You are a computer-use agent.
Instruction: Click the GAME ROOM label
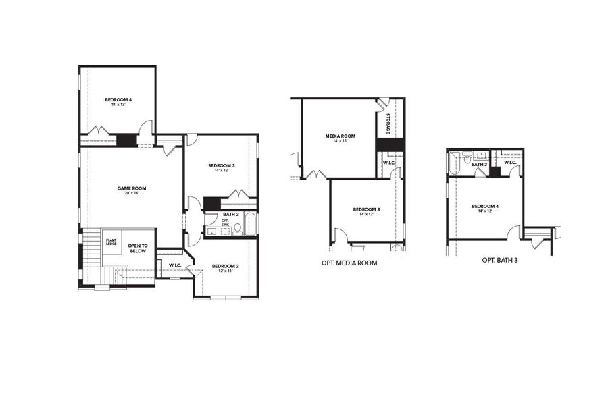click(x=132, y=188)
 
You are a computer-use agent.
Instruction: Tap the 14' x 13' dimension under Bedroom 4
click(x=118, y=105)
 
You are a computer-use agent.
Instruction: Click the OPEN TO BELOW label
click(x=138, y=248)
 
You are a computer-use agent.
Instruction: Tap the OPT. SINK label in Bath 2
click(x=226, y=222)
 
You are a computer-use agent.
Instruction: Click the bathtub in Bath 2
click(x=250, y=224)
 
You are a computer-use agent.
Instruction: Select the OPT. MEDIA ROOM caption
click(x=349, y=262)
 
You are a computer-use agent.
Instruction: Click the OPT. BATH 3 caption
click(x=500, y=259)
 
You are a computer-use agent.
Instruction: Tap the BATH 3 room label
click(x=479, y=164)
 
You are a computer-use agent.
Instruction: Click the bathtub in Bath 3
click(x=454, y=162)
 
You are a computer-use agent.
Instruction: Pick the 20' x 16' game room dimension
click(x=132, y=194)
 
